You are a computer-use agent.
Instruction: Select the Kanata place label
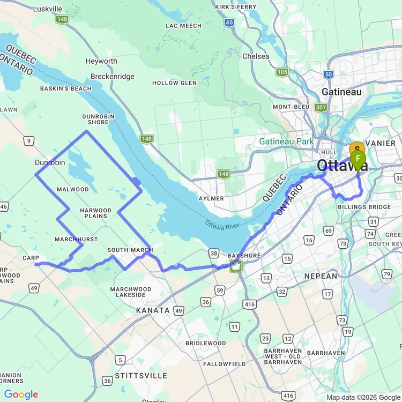153,310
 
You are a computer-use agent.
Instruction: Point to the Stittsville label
141,376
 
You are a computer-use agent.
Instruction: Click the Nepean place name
321,276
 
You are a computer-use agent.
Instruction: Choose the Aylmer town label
211,198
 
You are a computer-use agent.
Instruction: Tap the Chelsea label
256,56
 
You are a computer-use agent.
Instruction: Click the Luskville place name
47,9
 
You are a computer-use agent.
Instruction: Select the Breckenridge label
112,77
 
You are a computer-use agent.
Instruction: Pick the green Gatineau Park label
286,142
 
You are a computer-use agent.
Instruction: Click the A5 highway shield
229,22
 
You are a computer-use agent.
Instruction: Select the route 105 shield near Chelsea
282,72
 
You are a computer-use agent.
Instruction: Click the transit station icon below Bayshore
235,266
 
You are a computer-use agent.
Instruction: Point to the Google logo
21,395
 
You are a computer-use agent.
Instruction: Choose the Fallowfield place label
224,364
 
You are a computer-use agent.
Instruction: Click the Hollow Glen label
174,83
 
